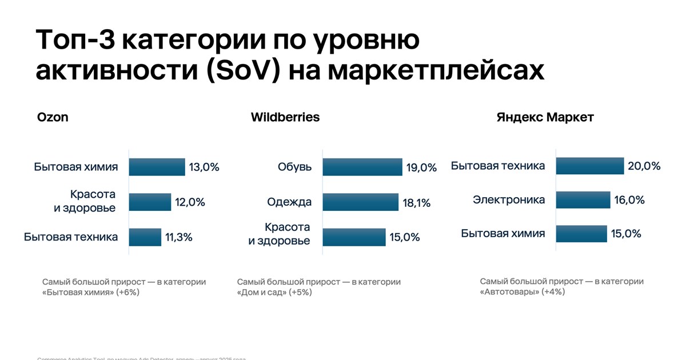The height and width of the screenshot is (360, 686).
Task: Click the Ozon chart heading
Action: [x=53, y=118]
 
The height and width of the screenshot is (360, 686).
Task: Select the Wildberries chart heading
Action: [x=285, y=118]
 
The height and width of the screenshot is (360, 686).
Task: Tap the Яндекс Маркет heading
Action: [x=545, y=118]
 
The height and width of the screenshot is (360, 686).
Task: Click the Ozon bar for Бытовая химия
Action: [x=157, y=167]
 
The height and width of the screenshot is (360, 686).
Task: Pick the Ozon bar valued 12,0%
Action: [x=150, y=202]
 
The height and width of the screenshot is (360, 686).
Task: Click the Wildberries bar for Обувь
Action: [x=362, y=167]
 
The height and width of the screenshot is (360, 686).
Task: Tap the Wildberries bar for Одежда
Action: [x=360, y=202]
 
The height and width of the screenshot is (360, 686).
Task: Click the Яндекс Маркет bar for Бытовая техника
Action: [x=589, y=166]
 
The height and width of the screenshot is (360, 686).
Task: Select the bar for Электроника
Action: [x=583, y=200]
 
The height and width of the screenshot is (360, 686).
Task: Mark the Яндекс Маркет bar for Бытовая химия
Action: [x=581, y=233]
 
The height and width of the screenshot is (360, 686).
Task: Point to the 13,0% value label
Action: [x=204, y=167]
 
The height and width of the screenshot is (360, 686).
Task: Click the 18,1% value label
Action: [x=416, y=202]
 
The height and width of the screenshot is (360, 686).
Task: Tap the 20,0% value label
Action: [x=644, y=166]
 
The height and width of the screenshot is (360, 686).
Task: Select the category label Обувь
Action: [x=295, y=167]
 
